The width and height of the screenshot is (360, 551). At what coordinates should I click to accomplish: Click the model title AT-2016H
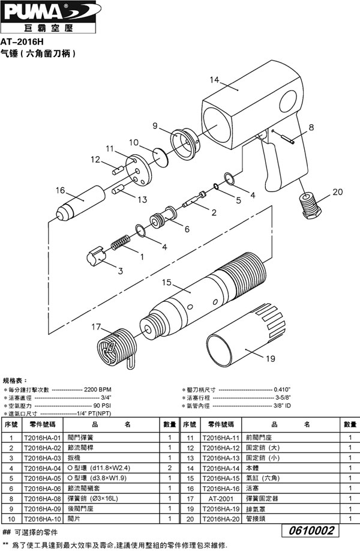coord(22,42)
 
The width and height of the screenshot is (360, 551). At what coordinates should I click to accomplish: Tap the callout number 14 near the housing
coord(214,80)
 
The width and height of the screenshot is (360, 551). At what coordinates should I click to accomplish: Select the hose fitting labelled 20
coord(310,206)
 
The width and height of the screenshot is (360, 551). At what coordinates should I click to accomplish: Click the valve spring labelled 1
coord(121,242)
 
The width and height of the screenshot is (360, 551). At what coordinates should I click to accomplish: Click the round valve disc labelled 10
coord(161,157)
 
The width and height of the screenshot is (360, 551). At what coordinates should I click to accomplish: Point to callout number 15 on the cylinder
coord(166,282)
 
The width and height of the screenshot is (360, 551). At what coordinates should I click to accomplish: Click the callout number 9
coord(155,125)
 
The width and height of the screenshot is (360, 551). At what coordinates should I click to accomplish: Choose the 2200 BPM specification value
coord(97,390)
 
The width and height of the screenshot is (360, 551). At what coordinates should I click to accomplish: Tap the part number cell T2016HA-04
coord(43,468)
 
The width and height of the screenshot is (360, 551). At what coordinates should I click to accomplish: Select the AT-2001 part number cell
coord(221,499)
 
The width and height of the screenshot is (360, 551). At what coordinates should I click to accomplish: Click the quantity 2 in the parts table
coord(170,468)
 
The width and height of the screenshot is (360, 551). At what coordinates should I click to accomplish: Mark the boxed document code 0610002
coord(310,531)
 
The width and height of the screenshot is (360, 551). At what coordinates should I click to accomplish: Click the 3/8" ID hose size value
coord(282,406)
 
